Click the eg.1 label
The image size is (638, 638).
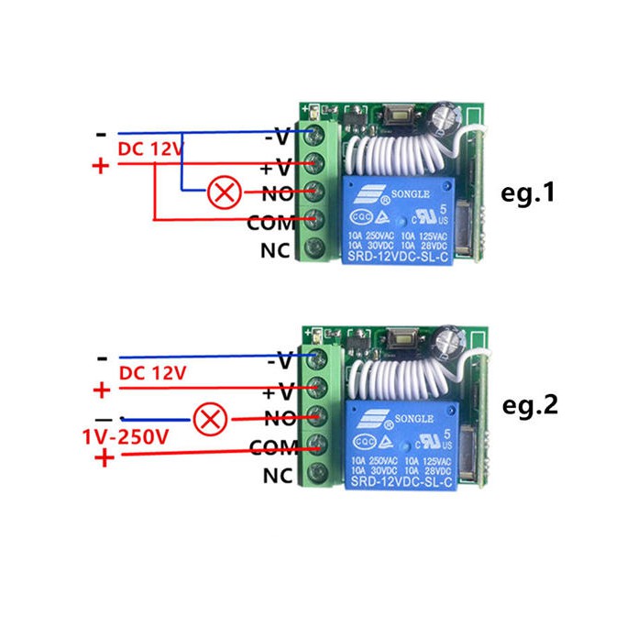point(530,193)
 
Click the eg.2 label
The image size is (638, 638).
point(531,405)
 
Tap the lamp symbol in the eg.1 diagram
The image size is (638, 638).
point(220,192)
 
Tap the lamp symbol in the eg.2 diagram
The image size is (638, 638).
point(211,419)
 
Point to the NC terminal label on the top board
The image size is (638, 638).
point(277,249)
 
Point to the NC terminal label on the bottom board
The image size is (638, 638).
point(277,476)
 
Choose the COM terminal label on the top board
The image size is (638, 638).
point(270,222)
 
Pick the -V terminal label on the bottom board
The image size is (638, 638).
point(279,363)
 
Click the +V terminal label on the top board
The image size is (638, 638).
point(277,167)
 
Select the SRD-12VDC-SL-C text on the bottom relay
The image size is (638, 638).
point(399,482)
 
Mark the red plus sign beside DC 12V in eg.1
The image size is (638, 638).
point(101,166)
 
